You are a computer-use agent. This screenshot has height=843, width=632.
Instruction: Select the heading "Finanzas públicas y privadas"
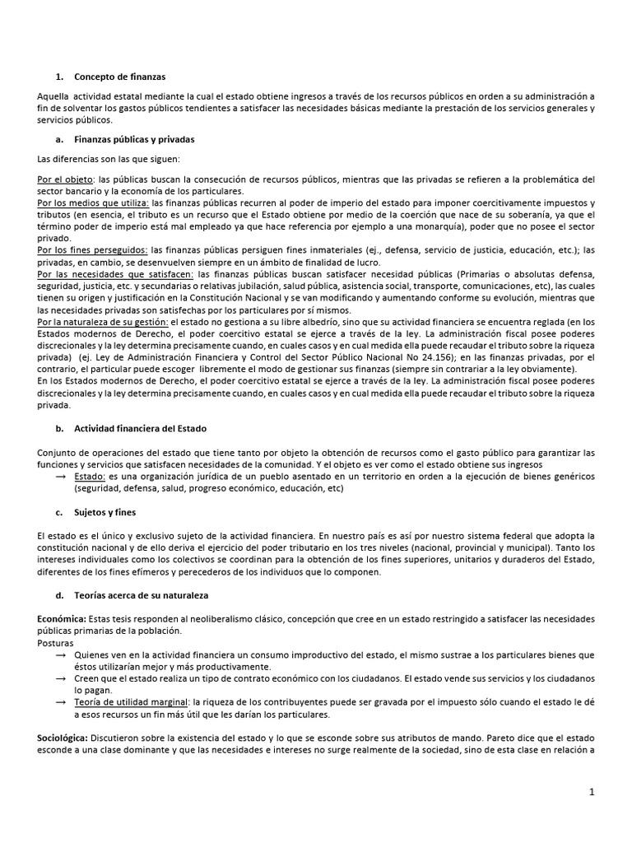click(134, 139)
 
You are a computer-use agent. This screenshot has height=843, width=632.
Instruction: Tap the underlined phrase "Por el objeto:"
click(66, 179)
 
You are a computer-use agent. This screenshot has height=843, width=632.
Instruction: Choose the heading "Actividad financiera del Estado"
click(140, 429)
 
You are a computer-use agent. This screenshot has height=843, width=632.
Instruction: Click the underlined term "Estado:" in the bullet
click(89, 476)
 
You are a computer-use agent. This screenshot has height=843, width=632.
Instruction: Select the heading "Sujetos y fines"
click(105, 512)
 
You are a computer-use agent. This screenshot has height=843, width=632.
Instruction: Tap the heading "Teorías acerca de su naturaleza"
click(142, 594)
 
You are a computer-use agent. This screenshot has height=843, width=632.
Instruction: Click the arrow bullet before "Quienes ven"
click(59, 654)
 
